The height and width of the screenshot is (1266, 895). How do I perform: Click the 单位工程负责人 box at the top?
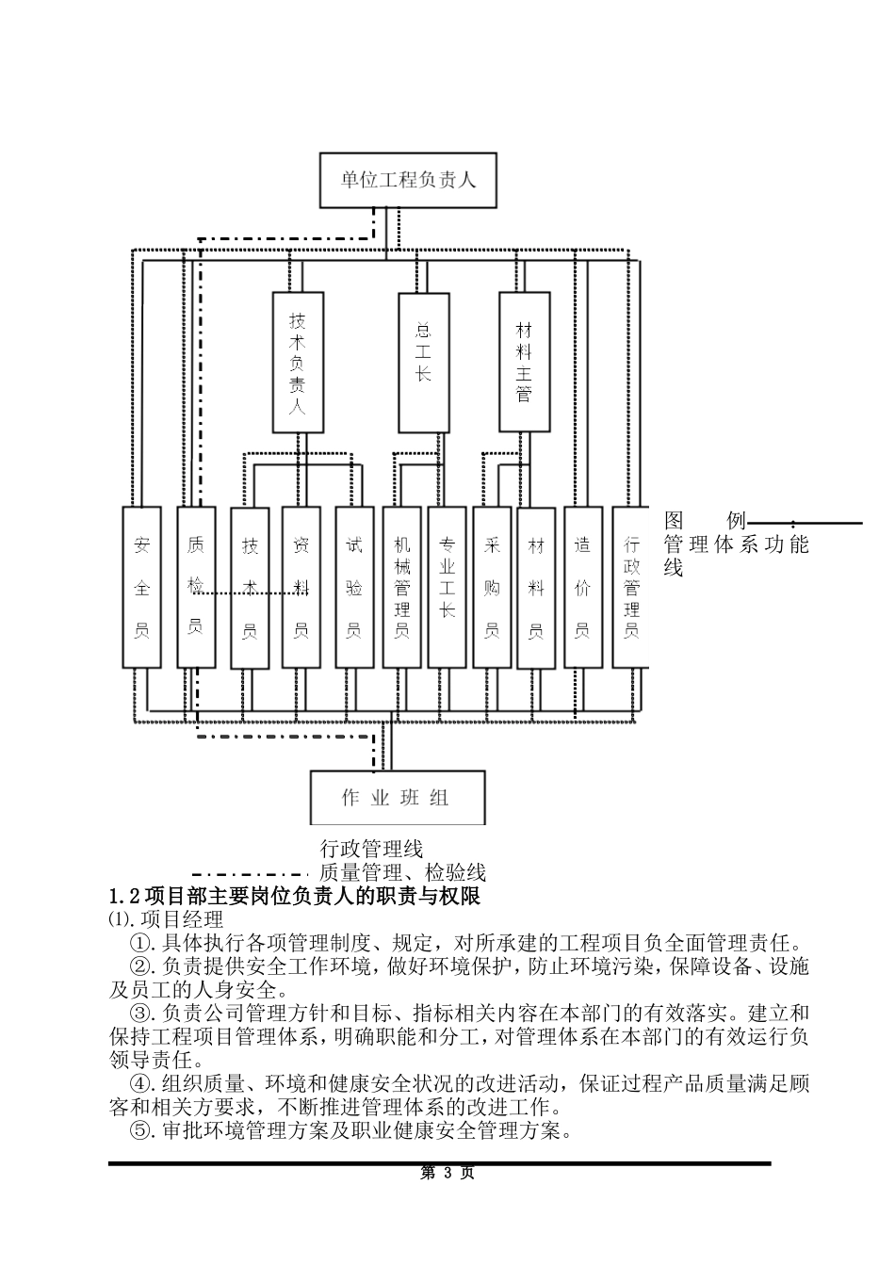point(407,180)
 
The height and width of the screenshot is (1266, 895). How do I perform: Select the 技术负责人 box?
point(298,362)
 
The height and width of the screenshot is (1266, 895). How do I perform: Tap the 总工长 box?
point(423,362)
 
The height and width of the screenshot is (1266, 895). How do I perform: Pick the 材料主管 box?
point(524,362)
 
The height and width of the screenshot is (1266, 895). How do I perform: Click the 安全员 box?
point(142,587)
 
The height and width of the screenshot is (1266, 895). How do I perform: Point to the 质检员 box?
point(195,587)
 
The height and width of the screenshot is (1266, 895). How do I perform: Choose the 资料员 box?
point(301,587)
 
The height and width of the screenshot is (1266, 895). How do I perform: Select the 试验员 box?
point(354,587)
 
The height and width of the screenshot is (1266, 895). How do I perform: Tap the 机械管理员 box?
point(402,587)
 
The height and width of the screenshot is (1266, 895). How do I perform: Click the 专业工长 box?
point(447,587)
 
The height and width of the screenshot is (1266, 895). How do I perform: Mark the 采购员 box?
point(492,587)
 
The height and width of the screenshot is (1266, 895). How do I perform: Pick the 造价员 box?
point(582,587)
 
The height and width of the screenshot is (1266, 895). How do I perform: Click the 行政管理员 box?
point(631,587)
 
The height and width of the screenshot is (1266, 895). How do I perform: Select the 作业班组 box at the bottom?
point(398,798)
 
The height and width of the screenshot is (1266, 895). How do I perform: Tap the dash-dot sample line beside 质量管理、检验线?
point(250,873)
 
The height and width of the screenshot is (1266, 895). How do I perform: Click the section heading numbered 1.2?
point(295,896)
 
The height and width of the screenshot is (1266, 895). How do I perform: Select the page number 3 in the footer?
point(447,1173)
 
